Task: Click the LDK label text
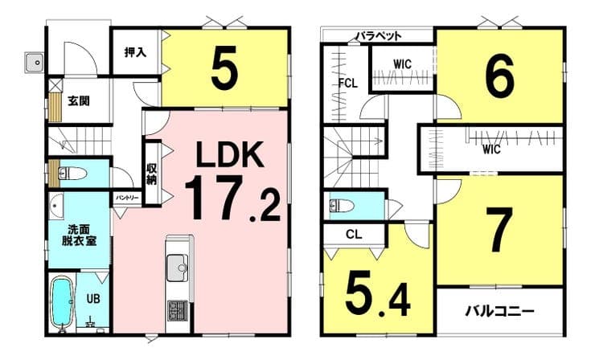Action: (230, 154)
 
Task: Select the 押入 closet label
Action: (135, 52)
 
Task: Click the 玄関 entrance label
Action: (79, 101)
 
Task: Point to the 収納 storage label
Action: (151, 174)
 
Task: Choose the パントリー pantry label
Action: (127, 198)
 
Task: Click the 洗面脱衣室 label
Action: (79, 235)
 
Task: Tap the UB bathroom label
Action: (93, 299)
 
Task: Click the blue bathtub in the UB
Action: (61, 302)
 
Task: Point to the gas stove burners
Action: (177, 311)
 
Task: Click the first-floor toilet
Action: (72, 174)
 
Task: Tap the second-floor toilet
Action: (342, 206)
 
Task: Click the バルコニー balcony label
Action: (500, 312)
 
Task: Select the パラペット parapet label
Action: (379, 36)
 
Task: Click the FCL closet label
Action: (347, 83)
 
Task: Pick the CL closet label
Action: (354, 235)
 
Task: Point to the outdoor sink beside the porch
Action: (35, 62)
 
